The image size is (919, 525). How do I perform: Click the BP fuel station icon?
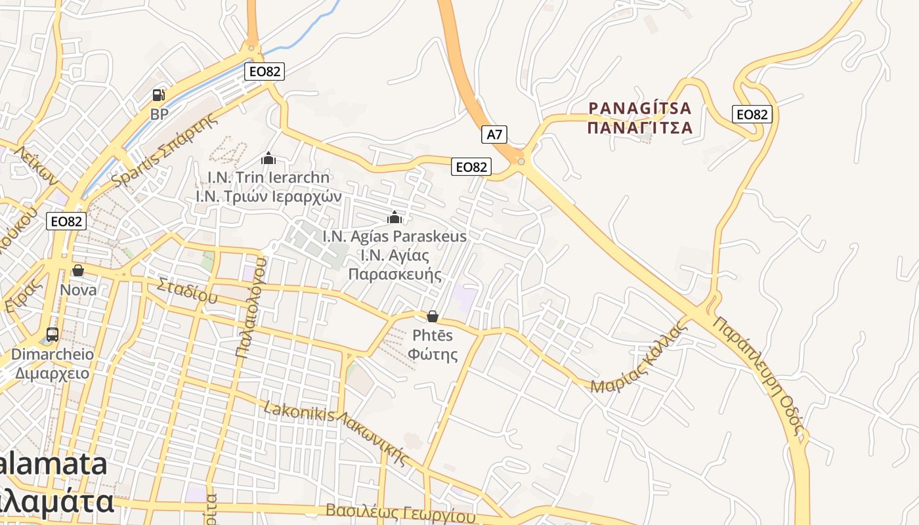click(x=158, y=94)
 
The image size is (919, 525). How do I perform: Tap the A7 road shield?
click(x=494, y=135)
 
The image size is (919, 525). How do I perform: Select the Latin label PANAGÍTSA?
click(x=640, y=108)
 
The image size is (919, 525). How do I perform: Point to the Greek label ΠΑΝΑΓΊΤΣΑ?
click(x=640, y=127)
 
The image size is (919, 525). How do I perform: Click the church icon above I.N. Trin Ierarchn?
click(x=268, y=158)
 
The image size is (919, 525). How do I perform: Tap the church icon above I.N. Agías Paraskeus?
click(x=395, y=217)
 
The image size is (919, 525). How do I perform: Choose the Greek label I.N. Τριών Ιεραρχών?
click(x=268, y=196)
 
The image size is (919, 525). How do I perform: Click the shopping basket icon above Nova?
click(x=78, y=270)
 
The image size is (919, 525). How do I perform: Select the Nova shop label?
click(x=78, y=289)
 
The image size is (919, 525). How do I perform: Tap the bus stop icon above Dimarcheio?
click(x=53, y=335)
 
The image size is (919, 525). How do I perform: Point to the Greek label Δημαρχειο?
click(x=52, y=373)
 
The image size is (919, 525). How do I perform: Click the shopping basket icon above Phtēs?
click(x=433, y=316)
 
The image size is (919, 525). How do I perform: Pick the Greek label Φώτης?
click(x=433, y=354)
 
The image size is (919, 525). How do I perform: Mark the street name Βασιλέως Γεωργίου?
click(x=400, y=513)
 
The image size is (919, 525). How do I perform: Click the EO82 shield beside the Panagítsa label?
click(x=752, y=114)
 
